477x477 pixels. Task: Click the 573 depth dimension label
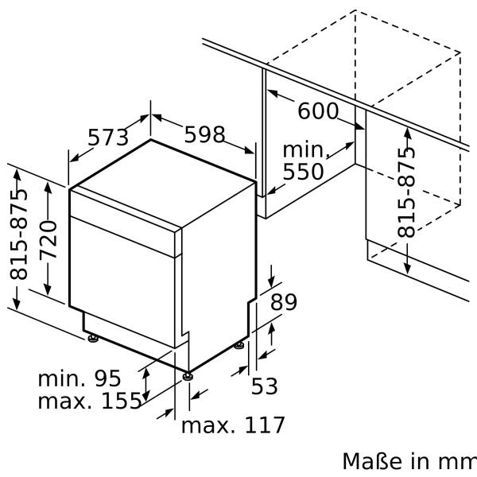tap(107, 138)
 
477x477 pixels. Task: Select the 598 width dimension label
tap(204, 134)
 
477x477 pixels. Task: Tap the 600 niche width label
tap(317, 111)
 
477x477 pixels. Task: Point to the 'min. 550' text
tap(304, 161)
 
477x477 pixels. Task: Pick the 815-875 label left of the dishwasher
tap(18, 235)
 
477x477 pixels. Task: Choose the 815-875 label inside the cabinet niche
tap(406, 192)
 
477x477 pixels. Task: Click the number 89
tap(283, 302)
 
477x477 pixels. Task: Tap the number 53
tap(265, 386)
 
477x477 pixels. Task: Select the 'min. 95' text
tap(79, 376)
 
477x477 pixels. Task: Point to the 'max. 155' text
tap(89, 401)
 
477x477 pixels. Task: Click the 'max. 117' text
tap(232, 425)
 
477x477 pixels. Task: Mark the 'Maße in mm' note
tap(409, 462)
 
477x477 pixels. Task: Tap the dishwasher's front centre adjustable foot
tap(187, 375)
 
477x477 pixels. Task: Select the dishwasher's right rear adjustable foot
tap(239, 346)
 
